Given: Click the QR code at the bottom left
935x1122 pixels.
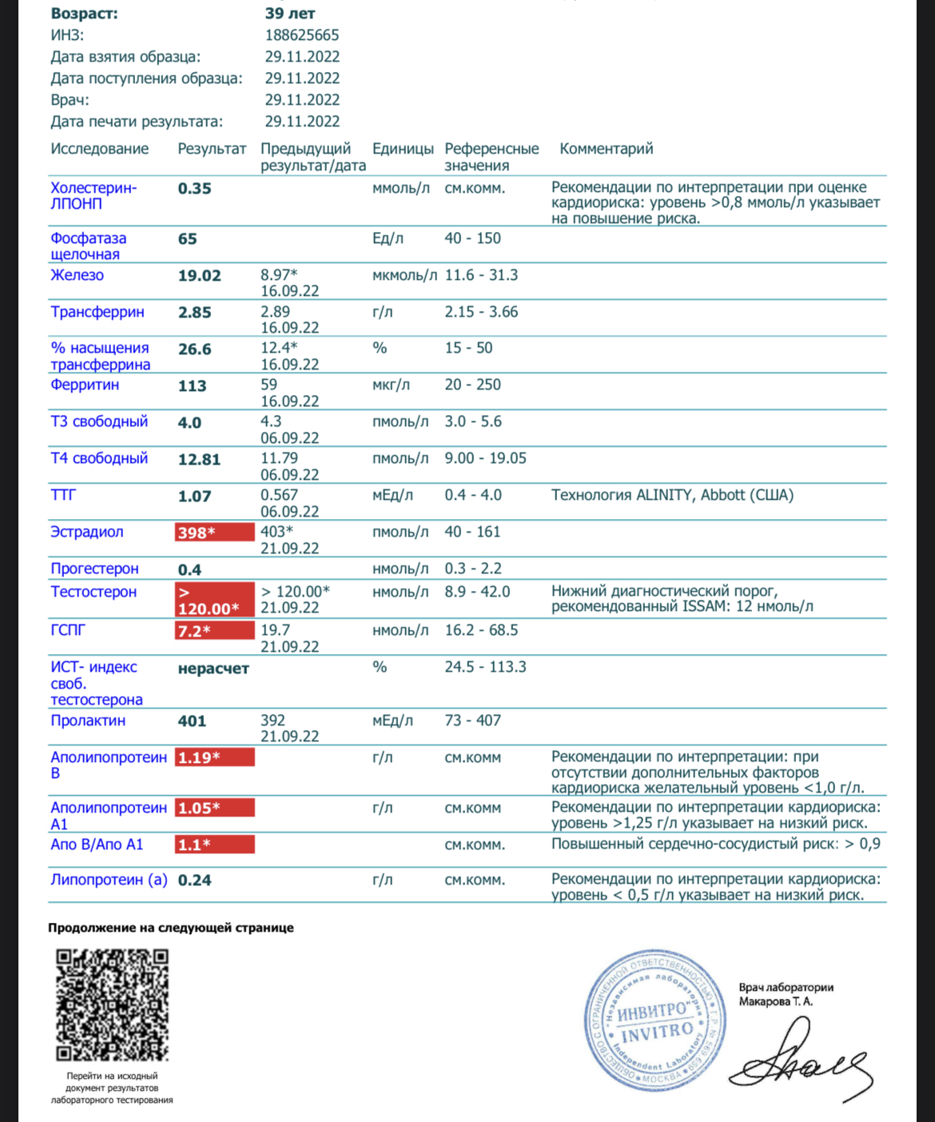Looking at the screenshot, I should pos(112,1005).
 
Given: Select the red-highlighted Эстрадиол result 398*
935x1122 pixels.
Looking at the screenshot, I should pos(214,532).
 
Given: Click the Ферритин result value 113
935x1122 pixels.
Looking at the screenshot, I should pos(193,385).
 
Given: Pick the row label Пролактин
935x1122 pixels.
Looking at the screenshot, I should pos(88,721).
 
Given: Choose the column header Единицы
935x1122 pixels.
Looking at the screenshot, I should pos(403,149).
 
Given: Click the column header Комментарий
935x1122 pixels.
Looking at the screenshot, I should pos(606,149).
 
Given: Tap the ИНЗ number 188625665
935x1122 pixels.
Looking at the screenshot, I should pos(302,35).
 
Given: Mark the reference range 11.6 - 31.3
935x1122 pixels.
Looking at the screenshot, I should pos(481,275).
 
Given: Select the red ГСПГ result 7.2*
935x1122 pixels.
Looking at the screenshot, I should pos(214,631).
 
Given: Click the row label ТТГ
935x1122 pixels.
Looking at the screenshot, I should pos(63,495).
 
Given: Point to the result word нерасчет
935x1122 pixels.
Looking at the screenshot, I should pos(213,669).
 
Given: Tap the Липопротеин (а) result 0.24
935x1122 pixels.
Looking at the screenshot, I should pos(195,880).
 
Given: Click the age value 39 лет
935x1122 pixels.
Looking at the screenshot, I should pos(290,14).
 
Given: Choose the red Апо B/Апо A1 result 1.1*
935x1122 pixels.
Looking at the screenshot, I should pos(214,844).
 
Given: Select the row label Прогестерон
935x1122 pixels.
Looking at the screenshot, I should pos(94,569).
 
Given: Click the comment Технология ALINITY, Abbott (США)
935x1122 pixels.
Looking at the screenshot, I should pos(672,495).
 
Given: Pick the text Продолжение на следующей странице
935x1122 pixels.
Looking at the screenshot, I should pos(171,928).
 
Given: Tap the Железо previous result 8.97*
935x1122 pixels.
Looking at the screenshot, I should pos(279,275).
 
